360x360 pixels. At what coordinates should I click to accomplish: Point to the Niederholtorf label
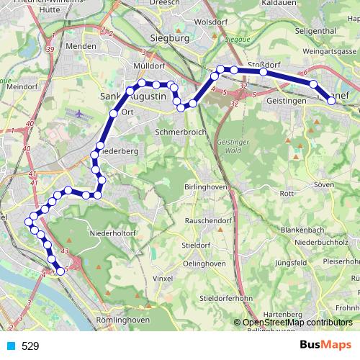pos(113,233)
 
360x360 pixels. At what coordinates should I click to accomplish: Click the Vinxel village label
pos(164,277)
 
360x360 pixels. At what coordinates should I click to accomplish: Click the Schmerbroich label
pos(181,132)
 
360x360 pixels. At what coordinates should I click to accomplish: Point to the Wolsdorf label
pos(211,22)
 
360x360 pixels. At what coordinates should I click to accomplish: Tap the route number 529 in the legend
pos(30,346)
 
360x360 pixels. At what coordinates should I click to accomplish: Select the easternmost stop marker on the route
pos(332,101)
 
